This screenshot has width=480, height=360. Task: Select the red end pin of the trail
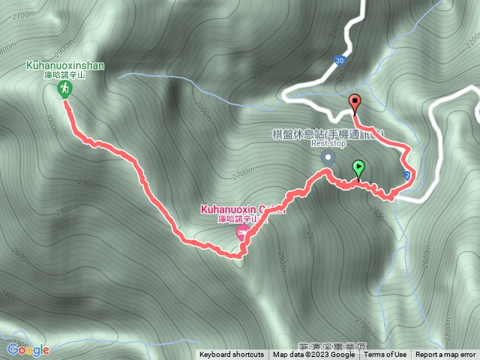(x=355, y=103)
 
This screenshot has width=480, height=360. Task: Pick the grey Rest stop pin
(x=327, y=158)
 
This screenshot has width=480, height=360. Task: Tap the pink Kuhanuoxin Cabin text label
(x=237, y=209)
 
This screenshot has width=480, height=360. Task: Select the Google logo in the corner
(x=28, y=349)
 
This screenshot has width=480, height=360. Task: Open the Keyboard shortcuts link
(x=231, y=355)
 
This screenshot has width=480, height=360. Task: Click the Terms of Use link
(x=385, y=355)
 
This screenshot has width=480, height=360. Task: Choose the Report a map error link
(x=445, y=355)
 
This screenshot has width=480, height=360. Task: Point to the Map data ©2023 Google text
(x=313, y=355)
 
